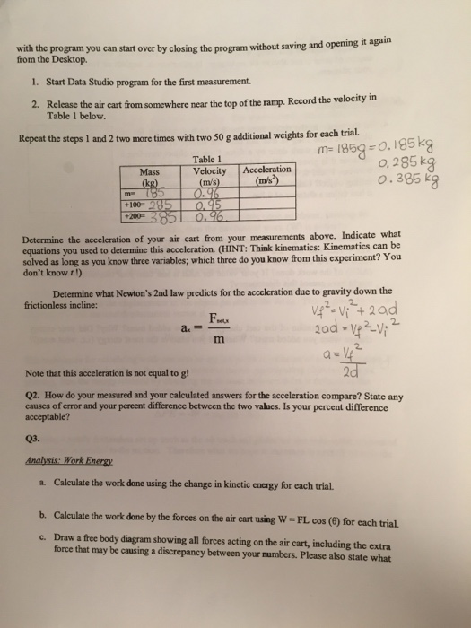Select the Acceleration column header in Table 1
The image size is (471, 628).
(266, 170)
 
